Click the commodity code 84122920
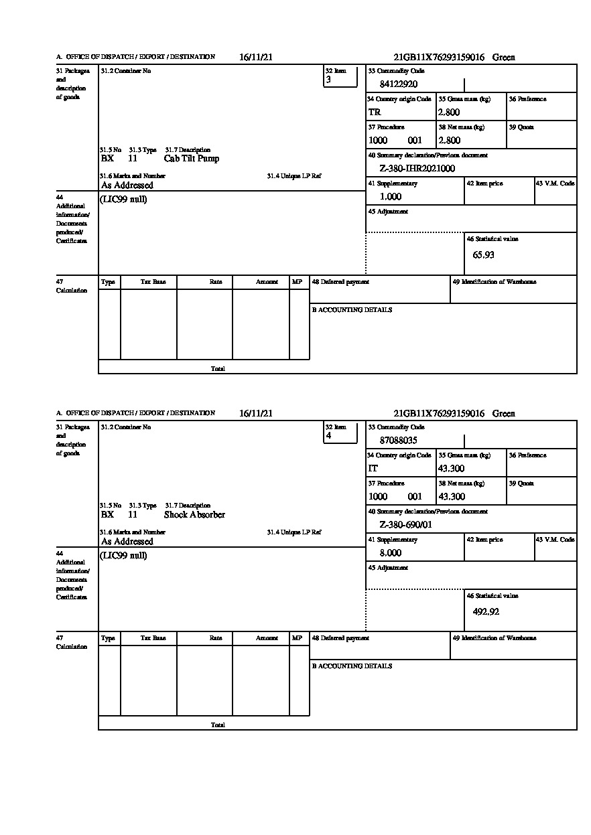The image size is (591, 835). pyautogui.click(x=398, y=84)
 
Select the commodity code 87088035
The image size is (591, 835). pyautogui.click(x=398, y=441)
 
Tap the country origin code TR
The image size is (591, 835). pyautogui.click(x=375, y=112)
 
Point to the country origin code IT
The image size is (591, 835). pyautogui.click(x=373, y=469)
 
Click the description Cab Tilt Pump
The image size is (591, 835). pyautogui.click(x=191, y=159)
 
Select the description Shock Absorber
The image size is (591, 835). pyautogui.click(x=194, y=515)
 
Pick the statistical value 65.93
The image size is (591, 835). pyautogui.click(x=483, y=255)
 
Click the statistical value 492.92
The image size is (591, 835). pyautogui.click(x=486, y=611)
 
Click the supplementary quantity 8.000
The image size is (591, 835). pyautogui.click(x=391, y=553)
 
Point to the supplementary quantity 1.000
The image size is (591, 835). pyautogui.click(x=391, y=197)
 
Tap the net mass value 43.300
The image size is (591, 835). pyautogui.click(x=451, y=497)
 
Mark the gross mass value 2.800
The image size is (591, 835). pyautogui.click(x=449, y=112)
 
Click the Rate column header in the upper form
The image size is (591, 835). pyautogui.click(x=216, y=283)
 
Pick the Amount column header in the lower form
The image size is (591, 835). pyautogui.click(x=267, y=639)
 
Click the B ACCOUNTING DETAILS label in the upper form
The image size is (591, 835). pyautogui.click(x=352, y=310)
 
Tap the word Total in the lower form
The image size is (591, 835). pyautogui.click(x=218, y=725)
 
